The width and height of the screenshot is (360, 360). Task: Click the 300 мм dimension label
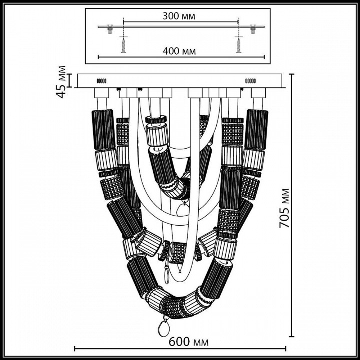click(x=179, y=16)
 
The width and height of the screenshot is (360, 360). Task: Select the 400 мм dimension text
click(x=179, y=51)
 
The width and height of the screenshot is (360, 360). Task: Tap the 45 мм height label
click(x=62, y=81)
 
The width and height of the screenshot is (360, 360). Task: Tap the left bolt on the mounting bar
click(x=109, y=28)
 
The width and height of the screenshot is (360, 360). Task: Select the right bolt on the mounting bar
click(x=253, y=28)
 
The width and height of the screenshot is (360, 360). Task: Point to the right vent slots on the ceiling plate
click(x=251, y=81)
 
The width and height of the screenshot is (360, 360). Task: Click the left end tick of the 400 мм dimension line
click(x=98, y=57)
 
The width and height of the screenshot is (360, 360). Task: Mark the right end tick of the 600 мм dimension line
click(x=285, y=348)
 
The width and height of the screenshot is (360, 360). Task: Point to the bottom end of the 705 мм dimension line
click(x=292, y=337)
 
